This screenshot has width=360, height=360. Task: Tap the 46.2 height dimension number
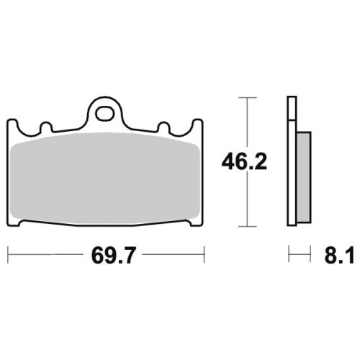click(x=244, y=162)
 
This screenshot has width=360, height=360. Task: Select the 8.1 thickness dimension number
click(x=339, y=255)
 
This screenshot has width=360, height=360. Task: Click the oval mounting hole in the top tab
click(x=104, y=114)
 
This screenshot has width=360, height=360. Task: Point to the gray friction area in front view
click(x=105, y=178)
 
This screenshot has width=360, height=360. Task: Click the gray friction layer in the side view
click(x=304, y=177)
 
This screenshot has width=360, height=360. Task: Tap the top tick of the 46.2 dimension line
click(x=248, y=98)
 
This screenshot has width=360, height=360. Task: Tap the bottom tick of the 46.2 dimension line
click(x=248, y=226)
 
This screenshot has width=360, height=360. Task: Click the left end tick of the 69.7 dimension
click(x=8, y=254)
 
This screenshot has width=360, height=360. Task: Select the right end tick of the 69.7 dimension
click(x=204, y=254)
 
